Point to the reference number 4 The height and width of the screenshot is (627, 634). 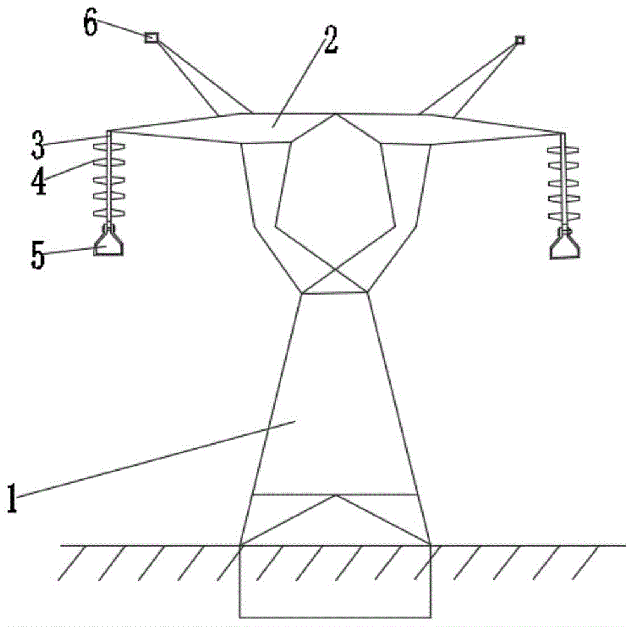[39, 179]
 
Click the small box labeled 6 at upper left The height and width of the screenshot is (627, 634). [152, 38]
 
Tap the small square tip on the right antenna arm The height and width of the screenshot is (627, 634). [520, 41]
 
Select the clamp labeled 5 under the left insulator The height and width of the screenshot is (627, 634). [109, 244]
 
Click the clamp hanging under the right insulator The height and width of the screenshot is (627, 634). [566, 248]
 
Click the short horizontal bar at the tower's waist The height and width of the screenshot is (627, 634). [335, 293]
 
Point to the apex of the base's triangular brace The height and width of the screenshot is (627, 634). [335, 495]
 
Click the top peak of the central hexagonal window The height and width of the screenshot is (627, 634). [336, 115]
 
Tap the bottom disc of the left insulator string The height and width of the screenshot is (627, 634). [110, 212]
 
